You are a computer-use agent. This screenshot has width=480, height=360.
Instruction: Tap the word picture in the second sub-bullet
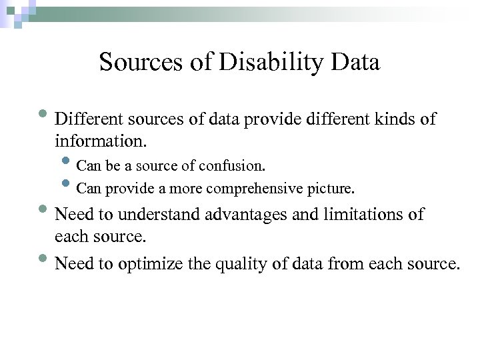(x=331, y=189)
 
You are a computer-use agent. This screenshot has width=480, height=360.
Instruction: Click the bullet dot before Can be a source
(x=67, y=162)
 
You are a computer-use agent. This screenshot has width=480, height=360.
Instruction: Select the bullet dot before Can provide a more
(x=67, y=185)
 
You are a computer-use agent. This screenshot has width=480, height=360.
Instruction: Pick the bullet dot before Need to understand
(x=46, y=211)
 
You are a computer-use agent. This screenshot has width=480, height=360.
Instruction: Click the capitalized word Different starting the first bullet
(x=85, y=119)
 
